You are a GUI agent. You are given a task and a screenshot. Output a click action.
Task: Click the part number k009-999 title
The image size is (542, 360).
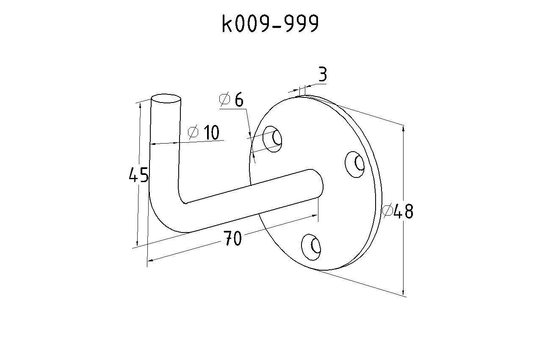click(x=270, y=23)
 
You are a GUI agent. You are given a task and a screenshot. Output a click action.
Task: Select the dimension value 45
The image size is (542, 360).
click(x=138, y=174)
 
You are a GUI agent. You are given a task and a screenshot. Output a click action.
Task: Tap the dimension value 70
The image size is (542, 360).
click(x=232, y=238)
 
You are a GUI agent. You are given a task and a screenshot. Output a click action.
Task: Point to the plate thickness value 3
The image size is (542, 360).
click(x=323, y=74)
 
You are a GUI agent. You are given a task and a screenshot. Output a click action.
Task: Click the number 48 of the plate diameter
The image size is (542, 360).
click(x=403, y=211)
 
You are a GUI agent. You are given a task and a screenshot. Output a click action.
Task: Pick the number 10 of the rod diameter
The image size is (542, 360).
click(x=211, y=132)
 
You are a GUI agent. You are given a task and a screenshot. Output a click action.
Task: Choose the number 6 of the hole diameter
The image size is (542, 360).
click(x=239, y=100)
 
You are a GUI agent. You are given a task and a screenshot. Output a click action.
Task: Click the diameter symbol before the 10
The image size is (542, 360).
click(x=193, y=132)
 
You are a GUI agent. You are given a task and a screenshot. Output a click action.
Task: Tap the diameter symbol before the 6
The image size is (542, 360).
click(x=224, y=99)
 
